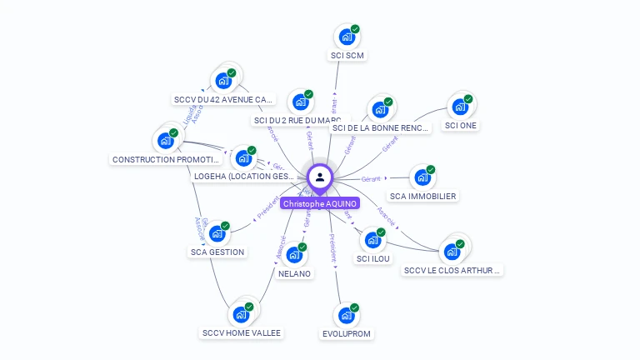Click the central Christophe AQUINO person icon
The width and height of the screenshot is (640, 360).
click(x=320, y=177)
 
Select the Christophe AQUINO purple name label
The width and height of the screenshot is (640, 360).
click(x=320, y=203)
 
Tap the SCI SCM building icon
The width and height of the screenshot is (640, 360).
click(x=346, y=37)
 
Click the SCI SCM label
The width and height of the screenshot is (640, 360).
click(x=347, y=56)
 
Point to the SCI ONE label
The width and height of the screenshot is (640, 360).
click(x=461, y=126)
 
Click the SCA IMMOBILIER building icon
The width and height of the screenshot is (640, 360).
click(x=422, y=177)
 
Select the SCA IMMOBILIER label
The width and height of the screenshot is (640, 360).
click(x=423, y=197)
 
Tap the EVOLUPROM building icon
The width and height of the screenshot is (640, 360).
click(x=345, y=316)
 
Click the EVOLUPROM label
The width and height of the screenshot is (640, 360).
click(x=346, y=334)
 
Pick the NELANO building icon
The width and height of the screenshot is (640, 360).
click(x=293, y=255)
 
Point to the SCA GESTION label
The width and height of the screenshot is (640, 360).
click(x=217, y=252)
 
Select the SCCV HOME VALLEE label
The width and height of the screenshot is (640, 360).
click(x=242, y=333)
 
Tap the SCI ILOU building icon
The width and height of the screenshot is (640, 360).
click(x=372, y=240)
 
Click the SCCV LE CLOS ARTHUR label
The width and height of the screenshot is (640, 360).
click(x=453, y=270)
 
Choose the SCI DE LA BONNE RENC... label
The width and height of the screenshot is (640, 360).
click(x=380, y=128)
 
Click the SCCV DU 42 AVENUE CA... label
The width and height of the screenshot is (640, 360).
click(x=223, y=100)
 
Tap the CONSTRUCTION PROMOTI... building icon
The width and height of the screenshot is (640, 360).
click(x=166, y=141)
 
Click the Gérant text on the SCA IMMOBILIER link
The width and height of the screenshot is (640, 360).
click(x=371, y=179)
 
